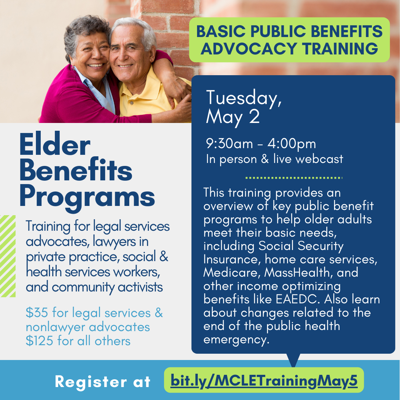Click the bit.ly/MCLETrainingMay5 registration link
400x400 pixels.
pyautogui.click(x=264, y=381)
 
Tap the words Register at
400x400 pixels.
pyautogui.click(x=103, y=381)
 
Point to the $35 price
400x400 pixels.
pyautogui.click(x=37, y=313)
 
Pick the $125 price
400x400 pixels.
pyautogui.click(x=39, y=341)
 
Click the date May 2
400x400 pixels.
pyautogui.click(x=233, y=118)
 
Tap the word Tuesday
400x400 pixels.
pyautogui.click(x=244, y=98)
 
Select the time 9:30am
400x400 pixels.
pyautogui.click(x=229, y=144)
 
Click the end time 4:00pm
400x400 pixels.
pyautogui.click(x=291, y=144)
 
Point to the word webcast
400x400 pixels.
pyautogui.click(x=319, y=159)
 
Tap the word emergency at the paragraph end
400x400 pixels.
pyautogui.click(x=236, y=340)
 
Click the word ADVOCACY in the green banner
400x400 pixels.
pyautogui.click(x=249, y=49)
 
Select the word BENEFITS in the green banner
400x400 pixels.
pyautogui.click(x=347, y=31)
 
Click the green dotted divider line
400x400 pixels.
pyautogui.click(x=294, y=178)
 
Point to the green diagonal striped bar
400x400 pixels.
pyautogui.click(x=8, y=256)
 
